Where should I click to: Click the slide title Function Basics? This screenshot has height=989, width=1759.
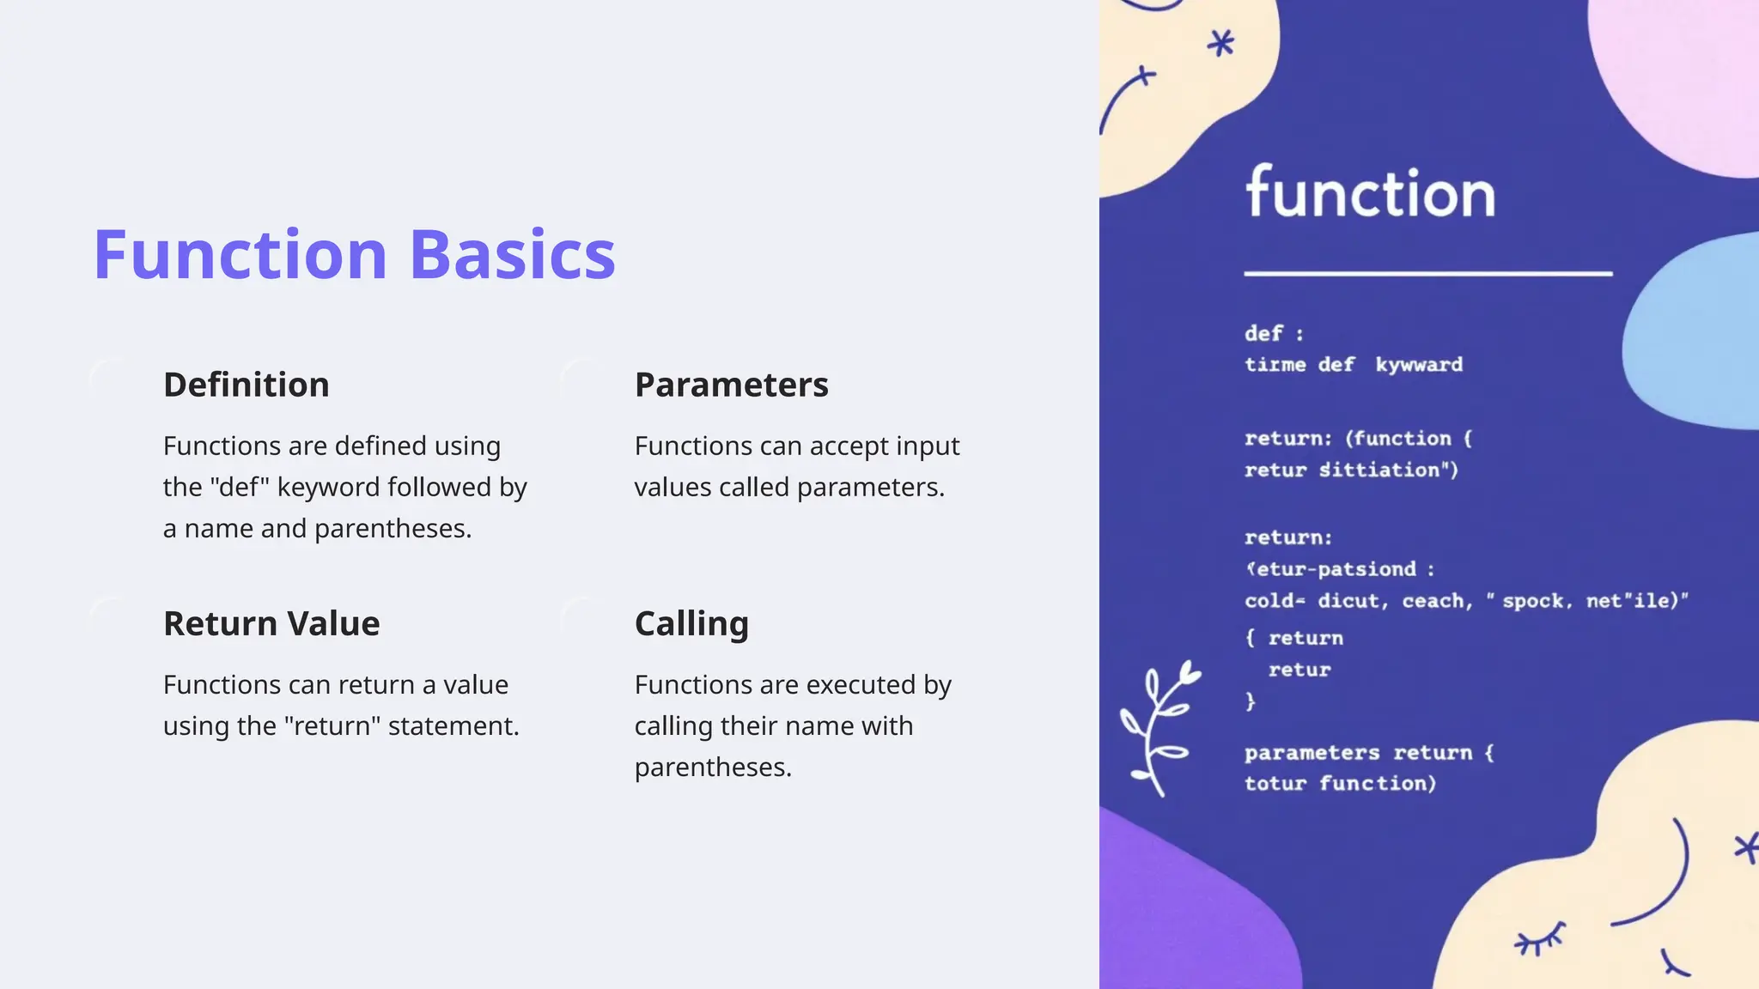pos(354,255)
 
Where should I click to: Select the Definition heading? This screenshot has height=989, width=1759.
pos(247,385)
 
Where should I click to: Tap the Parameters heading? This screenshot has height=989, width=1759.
pos(731,385)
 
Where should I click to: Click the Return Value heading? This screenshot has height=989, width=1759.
pos(271,623)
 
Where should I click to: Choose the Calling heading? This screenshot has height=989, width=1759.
pos(691,623)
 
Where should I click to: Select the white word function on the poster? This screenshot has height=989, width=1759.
pos(1371,193)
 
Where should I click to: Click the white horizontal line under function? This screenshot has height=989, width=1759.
pos(1427,274)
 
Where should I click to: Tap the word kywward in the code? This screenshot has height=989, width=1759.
pos(1419,365)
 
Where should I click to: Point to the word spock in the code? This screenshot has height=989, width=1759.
pos(1533,601)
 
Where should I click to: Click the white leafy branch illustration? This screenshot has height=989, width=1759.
pos(1158,726)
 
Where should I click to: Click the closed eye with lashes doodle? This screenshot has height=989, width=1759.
pos(1540,939)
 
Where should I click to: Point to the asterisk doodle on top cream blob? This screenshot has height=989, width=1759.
pos(1220,43)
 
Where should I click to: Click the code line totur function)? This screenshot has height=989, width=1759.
pos(1340,784)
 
